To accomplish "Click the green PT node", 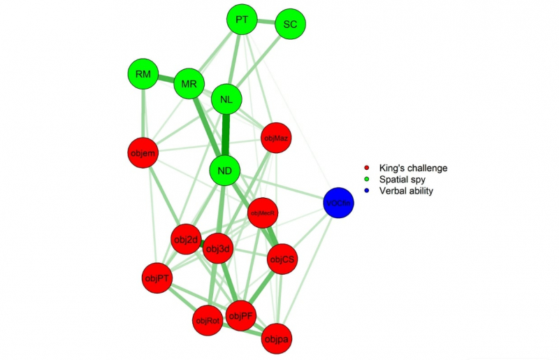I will pyautogui.click(x=242, y=20).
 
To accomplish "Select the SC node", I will pyautogui.click(x=290, y=24).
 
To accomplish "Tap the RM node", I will pyautogui.click(x=144, y=74).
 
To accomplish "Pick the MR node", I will pyautogui.click(x=189, y=84).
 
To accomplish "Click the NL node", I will pyautogui.click(x=226, y=99).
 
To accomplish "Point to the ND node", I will pyautogui.click(x=225, y=170).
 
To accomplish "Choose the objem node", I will pyautogui.click(x=143, y=152).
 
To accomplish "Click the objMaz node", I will pyautogui.click(x=275, y=138).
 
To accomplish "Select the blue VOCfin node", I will pyautogui.click(x=339, y=203).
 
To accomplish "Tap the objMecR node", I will pyautogui.click(x=263, y=213).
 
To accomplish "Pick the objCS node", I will pyautogui.click(x=282, y=259).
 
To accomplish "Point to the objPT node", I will pyautogui.click(x=157, y=279).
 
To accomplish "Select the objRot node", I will pyautogui.click(x=208, y=321).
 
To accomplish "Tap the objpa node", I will pyautogui.click(x=276, y=339).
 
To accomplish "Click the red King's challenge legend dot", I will pyautogui.click(x=368, y=168).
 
